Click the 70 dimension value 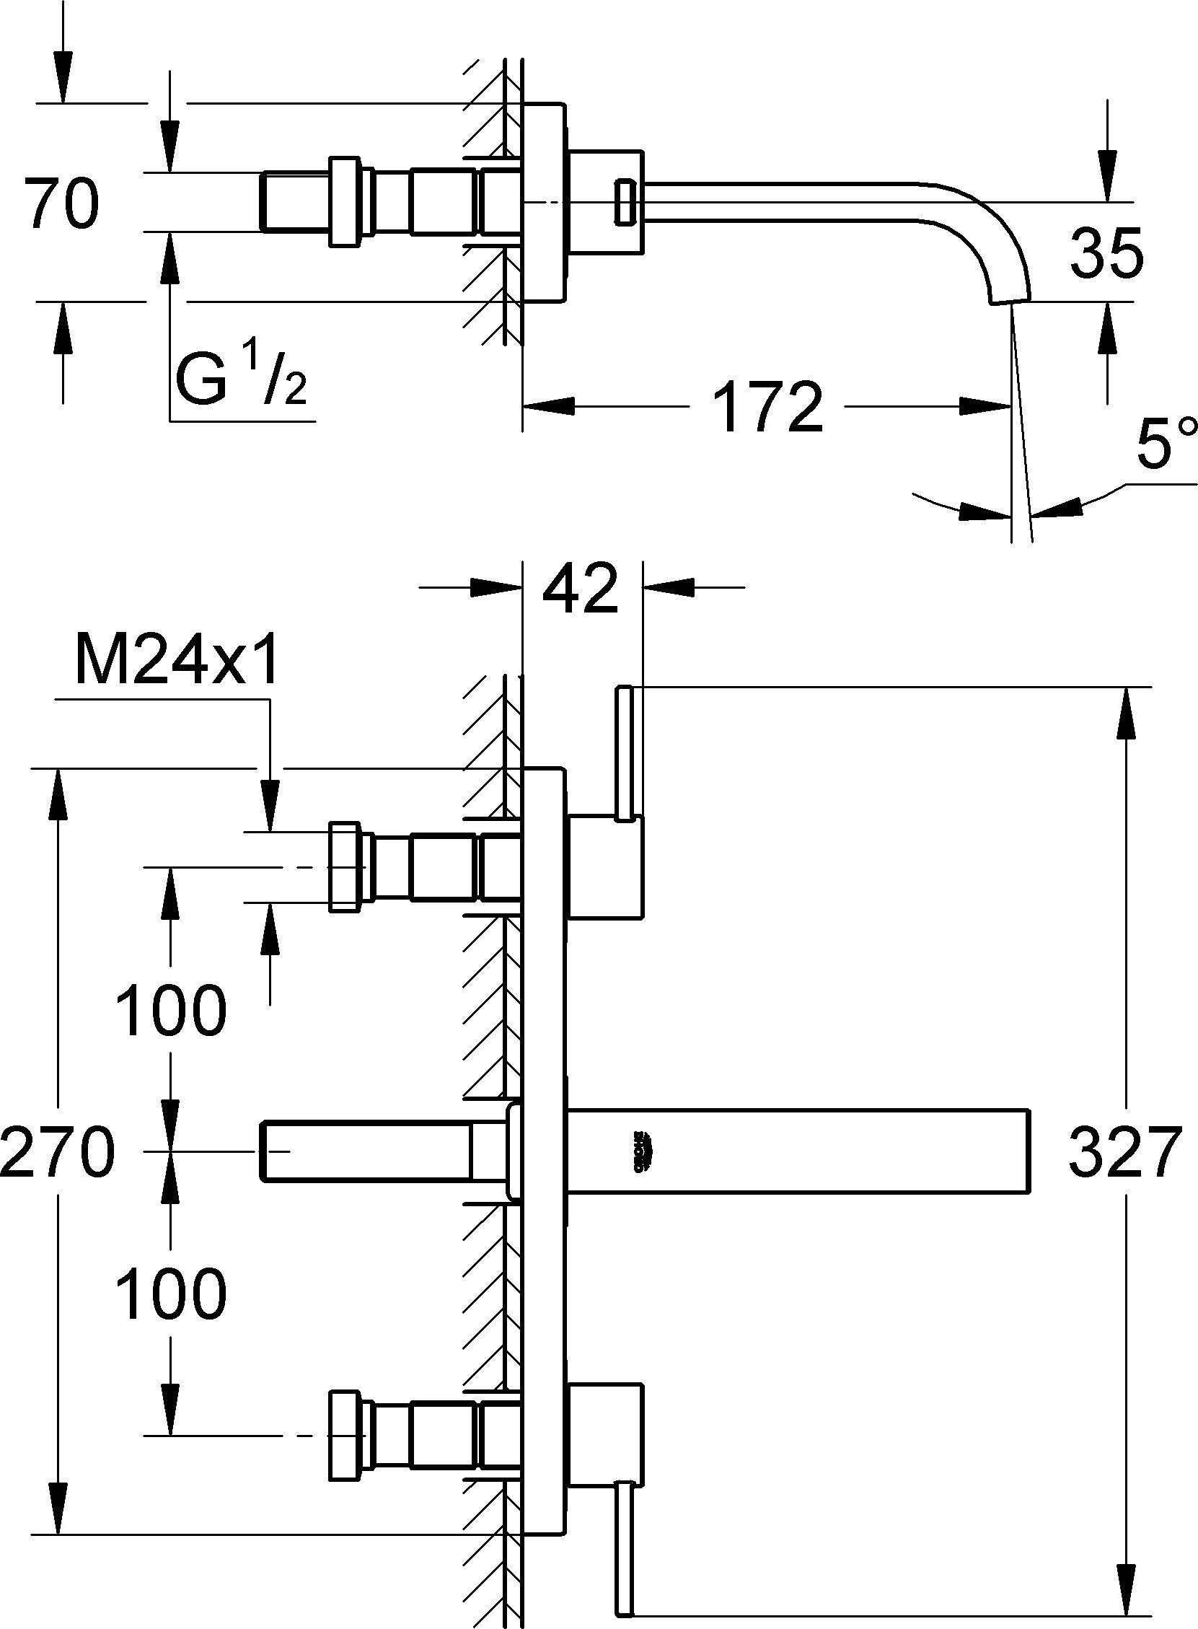[x=61, y=206]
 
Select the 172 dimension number [x=769, y=408]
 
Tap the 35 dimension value [x=1106, y=253]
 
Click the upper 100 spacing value [x=171, y=1009]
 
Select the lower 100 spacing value [x=171, y=1294]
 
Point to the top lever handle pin [x=625, y=753]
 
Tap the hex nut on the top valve [x=346, y=866]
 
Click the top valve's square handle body [x=606, y=867]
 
